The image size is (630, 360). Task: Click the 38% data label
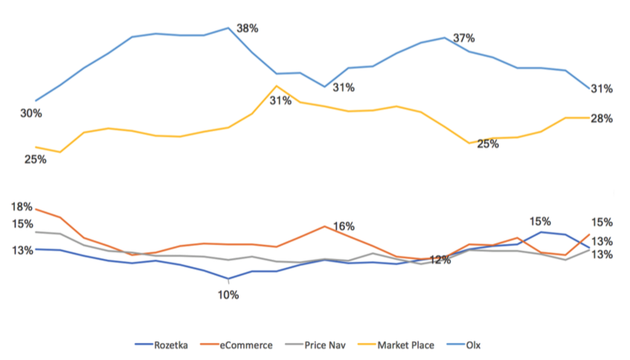247,28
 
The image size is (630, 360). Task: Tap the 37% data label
463,38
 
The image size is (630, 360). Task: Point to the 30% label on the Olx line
31,113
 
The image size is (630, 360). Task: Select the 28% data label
601,118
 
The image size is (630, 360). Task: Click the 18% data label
22,207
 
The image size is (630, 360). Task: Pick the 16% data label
344,226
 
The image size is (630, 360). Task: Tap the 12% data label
440,260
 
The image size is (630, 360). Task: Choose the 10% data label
228,295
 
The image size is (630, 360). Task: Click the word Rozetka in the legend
171,344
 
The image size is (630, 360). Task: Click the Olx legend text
474,344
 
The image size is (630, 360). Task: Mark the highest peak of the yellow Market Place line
276,86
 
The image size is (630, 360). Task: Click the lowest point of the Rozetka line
228,279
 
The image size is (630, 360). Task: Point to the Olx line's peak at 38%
228,28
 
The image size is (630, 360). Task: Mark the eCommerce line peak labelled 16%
324,226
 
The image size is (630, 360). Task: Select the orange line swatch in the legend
211,344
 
